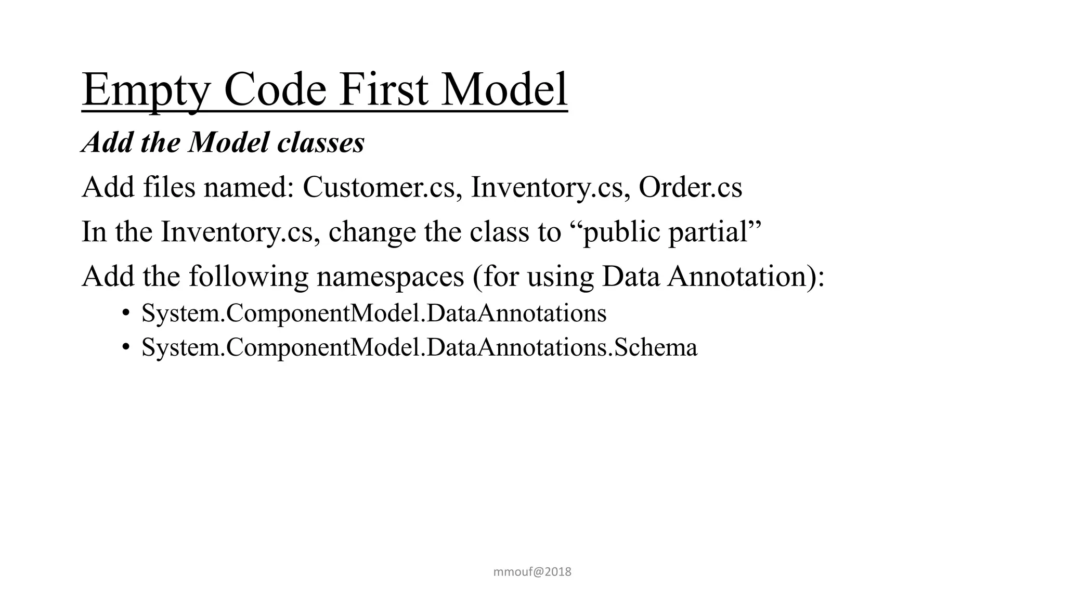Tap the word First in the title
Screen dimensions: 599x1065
[x=384, y=89]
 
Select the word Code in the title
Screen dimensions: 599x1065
[x=275, y=89]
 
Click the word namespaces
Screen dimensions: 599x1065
[x=390, y=276]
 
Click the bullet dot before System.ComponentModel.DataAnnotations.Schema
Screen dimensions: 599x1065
[x=125, y=347]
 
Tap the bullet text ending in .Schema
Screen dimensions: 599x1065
[x=419, y=347]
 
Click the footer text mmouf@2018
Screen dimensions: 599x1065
[x=532, y=572]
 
